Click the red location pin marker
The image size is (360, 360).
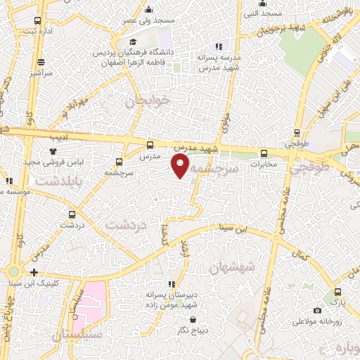click(x=181, y=166)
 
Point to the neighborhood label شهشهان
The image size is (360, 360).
click(x=232, y=268)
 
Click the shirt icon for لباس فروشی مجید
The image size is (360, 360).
click(x=53, y=150)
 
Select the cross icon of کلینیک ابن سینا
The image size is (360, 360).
click(x=33, y=272)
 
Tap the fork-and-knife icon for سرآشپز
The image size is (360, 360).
click(x=41, y=61)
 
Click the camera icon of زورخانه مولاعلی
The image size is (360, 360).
click(x=317, y=310)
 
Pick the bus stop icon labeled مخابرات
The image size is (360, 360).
click(x=264, y=154)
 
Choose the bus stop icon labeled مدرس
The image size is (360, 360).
click(x=149, y=146)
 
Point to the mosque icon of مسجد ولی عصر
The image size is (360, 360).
click(x=148, y=10)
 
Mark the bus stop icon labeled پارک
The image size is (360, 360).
click(x=338, y=292)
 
